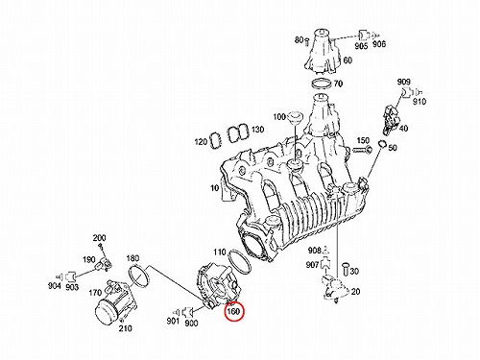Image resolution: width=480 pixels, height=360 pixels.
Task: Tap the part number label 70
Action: click(338, 84)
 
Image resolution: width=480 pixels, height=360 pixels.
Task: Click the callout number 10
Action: click(214, 188)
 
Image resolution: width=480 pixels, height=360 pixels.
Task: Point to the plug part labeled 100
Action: click(294, 118)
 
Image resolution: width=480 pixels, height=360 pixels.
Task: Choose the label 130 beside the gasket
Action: click(257, 130)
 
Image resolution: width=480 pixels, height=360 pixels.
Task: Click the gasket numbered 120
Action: click(215, 140)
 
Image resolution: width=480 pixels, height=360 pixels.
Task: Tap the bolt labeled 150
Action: click(362, 149)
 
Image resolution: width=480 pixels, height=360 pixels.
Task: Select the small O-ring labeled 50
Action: click(382, 144)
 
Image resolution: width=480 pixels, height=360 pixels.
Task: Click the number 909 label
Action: click(403, 82)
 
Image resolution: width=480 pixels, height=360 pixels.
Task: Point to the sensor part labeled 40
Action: click(391, 119)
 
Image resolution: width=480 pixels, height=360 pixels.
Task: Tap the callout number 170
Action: click(95, 293)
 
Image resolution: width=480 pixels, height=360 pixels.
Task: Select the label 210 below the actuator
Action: click(125, 328)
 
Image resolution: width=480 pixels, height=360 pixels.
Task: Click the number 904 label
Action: click(55, 285)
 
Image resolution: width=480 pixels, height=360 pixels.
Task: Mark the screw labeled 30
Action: click(346, 268)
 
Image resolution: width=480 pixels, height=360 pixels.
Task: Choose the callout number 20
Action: click(355, 292)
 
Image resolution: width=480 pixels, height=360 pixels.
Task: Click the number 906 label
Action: click(379, 44)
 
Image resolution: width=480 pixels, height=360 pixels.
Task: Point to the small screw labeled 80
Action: click(307, 41)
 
